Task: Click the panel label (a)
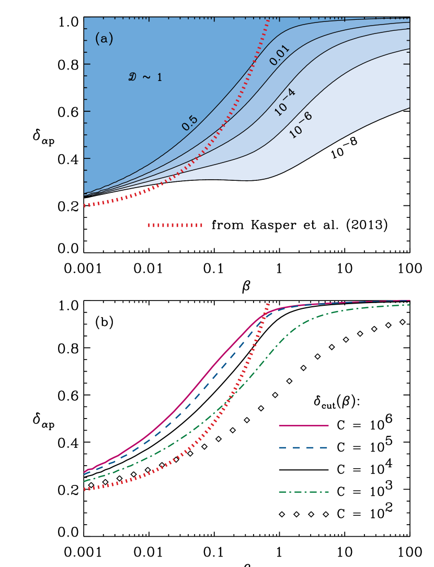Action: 104,39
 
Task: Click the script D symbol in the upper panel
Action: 132,77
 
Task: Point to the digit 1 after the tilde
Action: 159,78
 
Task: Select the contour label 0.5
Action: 189,123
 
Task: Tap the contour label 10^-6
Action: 300,125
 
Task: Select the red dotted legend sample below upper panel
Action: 175,225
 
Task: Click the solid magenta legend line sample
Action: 303,426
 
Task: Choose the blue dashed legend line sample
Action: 303,448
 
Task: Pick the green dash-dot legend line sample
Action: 303,492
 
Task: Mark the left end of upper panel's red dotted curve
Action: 85,206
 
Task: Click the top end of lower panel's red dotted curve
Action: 268,303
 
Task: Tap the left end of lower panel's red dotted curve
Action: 85,490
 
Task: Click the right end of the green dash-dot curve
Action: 409,305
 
